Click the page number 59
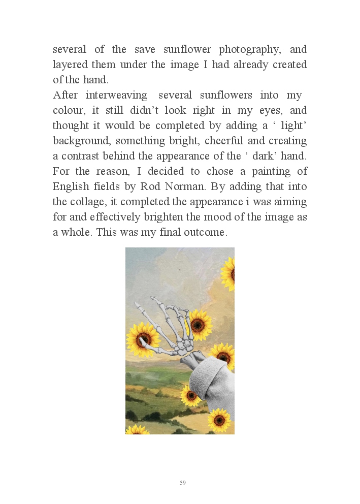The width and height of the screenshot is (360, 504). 183,483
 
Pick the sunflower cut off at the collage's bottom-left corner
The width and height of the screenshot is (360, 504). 137,430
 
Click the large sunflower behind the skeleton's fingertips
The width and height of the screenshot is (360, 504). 142,339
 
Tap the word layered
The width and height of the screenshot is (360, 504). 70,65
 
